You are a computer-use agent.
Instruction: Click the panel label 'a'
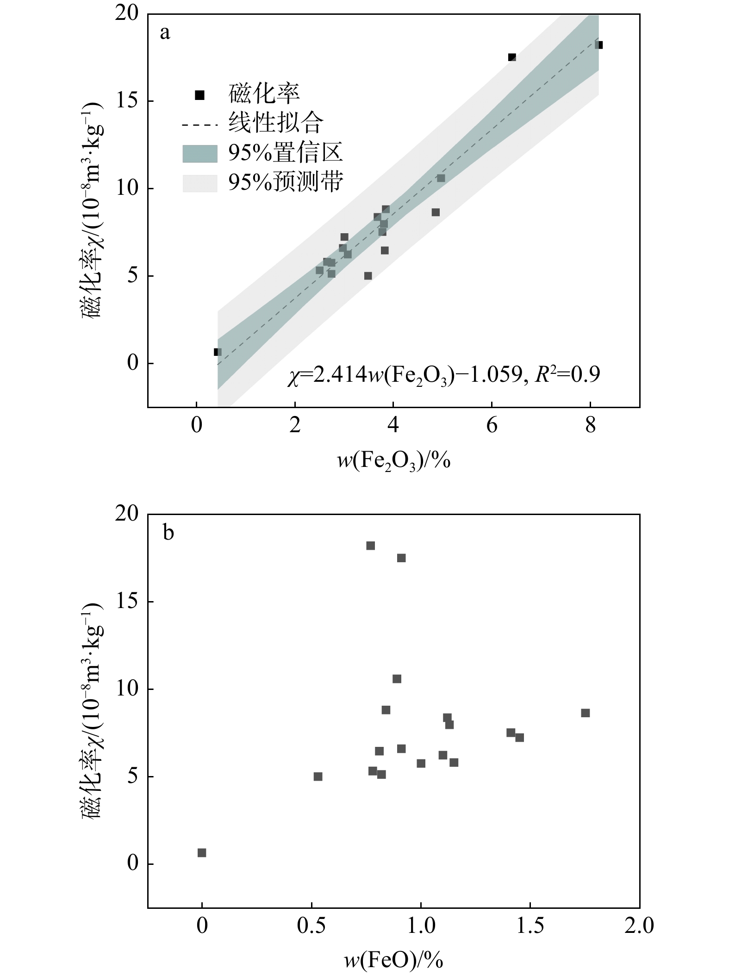[x=165, y=34]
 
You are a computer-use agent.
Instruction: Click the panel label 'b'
[x=168, y=534]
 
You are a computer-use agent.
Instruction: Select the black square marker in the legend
[x=199, y=95]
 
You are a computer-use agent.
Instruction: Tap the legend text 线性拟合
[x=275, y=123]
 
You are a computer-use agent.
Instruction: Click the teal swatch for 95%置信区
[x=199, y=154]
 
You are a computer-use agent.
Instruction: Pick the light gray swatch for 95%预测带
[x=199, y=183]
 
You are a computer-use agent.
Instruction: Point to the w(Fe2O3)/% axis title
[x=393, y=460]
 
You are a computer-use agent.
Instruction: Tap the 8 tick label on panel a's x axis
[x=590, y=425]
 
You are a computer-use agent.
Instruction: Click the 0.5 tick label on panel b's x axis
[x=312, y=925]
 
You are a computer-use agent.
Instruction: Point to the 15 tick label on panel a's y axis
[x=127, y=101]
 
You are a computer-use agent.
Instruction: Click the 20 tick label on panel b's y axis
[x=127, y=514]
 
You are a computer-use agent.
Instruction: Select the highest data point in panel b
[x=370, y=546]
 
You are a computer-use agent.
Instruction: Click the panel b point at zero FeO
[x=202, y=853]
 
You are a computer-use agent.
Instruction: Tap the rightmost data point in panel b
[x=586, y=713]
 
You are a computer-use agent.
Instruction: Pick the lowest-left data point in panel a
[x=218, y=352]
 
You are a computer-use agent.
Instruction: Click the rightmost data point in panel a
[x=599, y=45]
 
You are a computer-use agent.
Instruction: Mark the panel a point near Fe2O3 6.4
[x=512, y=57]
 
